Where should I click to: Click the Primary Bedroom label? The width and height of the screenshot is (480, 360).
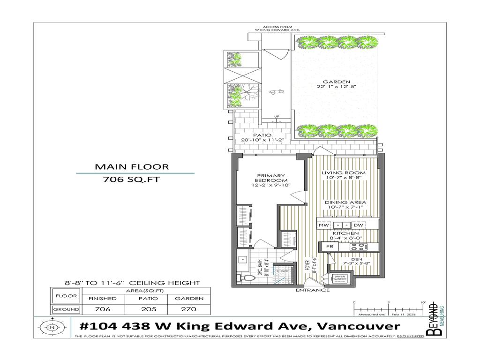[x=270, y=178]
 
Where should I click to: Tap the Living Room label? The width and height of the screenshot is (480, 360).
[x=344, y=173]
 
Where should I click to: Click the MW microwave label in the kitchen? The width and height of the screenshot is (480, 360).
[x=323, y=225]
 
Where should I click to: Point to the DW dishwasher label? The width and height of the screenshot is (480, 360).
[x=359, y=225]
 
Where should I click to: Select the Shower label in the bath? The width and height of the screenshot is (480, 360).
[x=284, y=271]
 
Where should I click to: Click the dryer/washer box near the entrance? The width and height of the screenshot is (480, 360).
[x=339, y=278]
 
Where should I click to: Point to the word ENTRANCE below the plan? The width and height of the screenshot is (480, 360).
[x=312, y=290]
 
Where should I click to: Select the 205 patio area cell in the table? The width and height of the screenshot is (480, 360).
[x=147, y=309]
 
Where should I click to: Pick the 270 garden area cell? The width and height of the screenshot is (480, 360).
[x=189, y=309]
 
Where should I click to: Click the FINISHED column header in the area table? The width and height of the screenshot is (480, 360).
[x=102, y=298]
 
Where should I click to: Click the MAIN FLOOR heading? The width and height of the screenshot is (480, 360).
[x=132, y=166]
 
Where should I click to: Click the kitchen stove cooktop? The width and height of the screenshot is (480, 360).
[x=359, y=246]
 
